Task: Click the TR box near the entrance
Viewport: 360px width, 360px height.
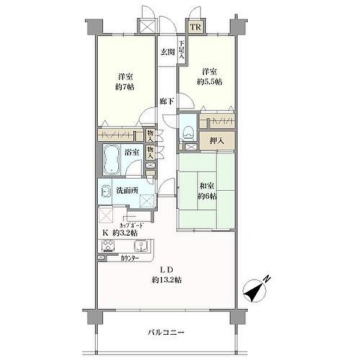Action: (x=196, y=28)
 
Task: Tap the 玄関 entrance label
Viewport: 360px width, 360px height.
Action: (x=167, y=52)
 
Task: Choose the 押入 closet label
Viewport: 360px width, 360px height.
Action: (x=217, y=141)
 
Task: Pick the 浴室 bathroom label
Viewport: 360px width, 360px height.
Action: (x=132, y=152)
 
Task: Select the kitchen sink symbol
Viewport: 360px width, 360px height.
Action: (x=140, y=246)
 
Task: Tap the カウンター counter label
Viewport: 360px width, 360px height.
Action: (x=129, y=259)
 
